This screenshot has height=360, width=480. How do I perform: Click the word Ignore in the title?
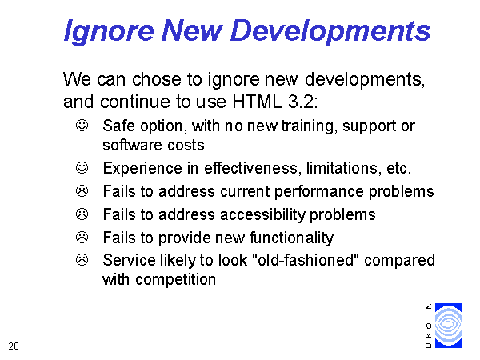109,32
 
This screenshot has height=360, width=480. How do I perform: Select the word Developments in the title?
330,32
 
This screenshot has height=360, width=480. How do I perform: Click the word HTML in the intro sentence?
257,102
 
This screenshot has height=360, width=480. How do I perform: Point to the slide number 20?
14,346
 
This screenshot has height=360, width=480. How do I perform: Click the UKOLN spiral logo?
449,326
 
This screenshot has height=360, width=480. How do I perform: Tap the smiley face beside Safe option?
82,126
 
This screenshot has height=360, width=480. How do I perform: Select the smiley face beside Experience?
82,168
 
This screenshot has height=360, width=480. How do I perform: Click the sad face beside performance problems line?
82,191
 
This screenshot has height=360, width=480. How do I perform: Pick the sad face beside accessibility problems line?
82,214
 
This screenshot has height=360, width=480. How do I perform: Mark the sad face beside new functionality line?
82,238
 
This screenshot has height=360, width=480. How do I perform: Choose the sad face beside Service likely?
82,260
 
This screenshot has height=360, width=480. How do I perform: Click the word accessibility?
263,215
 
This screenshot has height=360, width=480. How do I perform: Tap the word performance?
318,192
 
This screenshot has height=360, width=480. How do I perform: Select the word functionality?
292,238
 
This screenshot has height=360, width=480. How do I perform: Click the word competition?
176,280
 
